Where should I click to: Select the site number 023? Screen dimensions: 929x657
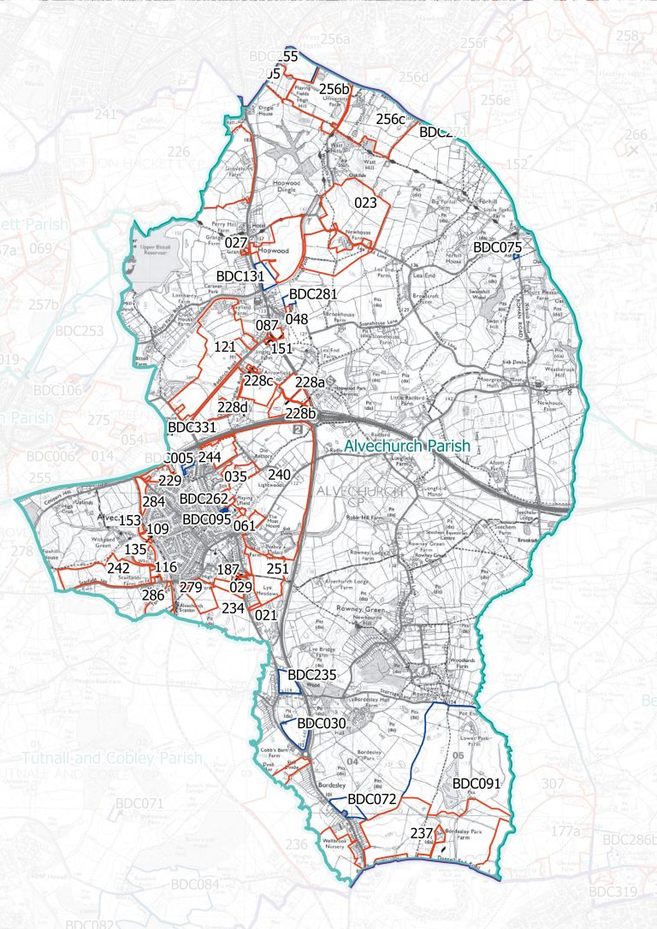pyautogui.click(x=365, y=204)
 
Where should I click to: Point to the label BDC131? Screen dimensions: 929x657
pyautogui.click(x=241, y=276)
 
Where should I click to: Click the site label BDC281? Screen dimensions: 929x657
pyautogui.click(x=315, y=294)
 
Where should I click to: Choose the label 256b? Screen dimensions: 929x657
pyautogui.click(x=334, y=90)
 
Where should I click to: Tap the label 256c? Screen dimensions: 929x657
pyautogui.click(x=390, y=119)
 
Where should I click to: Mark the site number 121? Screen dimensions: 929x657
pyautogui.click(x=225, y=346)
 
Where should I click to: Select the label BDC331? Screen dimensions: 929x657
pyautogui.click(x=192, y=427)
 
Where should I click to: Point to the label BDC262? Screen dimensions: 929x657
pyautogui.click(x=204, y=499)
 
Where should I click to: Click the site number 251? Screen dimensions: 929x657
pyautogui.click(x=278, y=569)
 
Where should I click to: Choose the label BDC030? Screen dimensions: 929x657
pyautogui.click(x=321, y=723)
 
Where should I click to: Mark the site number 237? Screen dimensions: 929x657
pyautogui.click(x=422, y=833)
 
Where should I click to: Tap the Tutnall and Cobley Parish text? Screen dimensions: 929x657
pyautogui.click(x=112, y=759)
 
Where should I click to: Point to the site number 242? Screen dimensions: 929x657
pyautogui.click(x=118, y=568)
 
